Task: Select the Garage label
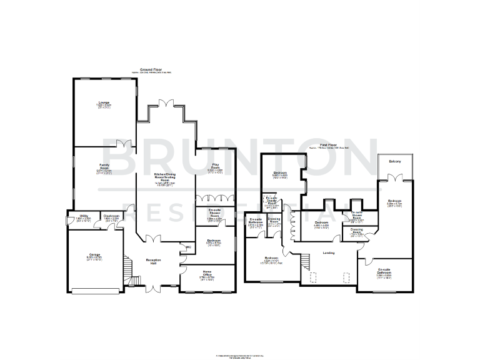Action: tap(94, 256)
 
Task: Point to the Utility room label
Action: tap(84, 216)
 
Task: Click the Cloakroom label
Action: tap(111, 216)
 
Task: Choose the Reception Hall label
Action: tap(154, 261)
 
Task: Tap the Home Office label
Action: tap(207, 272)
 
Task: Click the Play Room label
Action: tap(215, 166)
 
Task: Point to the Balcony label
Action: tap(394, 162)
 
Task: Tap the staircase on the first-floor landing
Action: tap(304, 258)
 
